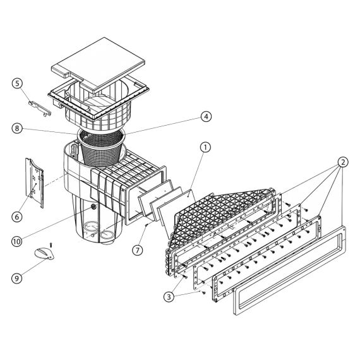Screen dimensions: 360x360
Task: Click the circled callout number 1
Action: (x=205, y=148)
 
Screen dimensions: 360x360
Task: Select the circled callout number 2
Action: (x=342, y=162)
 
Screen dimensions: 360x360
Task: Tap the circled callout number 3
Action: (x=169, y=297)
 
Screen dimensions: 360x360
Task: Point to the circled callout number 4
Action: (x=206, y=117)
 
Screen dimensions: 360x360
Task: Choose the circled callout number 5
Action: (x=18, y=83)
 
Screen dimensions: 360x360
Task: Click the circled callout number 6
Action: (x=17, y=217)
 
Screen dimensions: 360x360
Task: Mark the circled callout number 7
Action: (x=138, y=250)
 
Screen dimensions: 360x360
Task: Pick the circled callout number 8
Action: (x=17, y=128)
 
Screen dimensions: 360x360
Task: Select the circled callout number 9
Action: (x=17, y=279)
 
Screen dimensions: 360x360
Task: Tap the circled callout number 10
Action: (x=17, y=241)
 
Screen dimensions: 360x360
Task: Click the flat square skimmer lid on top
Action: (x=98, y=64)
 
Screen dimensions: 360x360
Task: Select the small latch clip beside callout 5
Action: (x=40, y=109)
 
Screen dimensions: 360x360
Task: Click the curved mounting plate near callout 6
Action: (x=35, y=183)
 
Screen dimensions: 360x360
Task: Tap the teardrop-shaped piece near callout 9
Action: (x=44, y=254)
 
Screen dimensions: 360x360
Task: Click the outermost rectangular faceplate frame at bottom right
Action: (x=290, y=270)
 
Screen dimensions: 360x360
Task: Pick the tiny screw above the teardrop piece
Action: (x=51, y=245)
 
